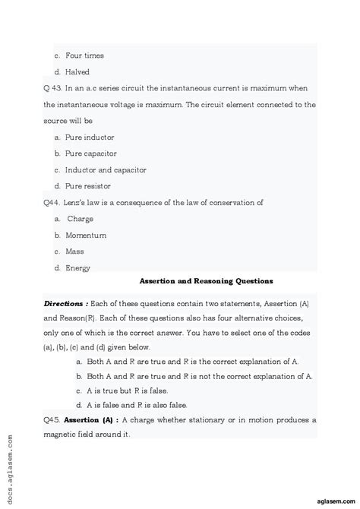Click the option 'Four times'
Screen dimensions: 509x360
(x=84, y=55)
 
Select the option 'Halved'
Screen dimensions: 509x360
(x=77, y=72)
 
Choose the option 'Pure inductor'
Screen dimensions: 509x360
(x=91, y=137)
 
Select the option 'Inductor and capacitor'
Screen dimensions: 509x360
(x=106, y=169)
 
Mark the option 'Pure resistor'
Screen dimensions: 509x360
(x=88, y=186)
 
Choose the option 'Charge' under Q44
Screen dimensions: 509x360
(x=80, y=219)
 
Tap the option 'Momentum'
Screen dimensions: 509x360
(x=86, y=235)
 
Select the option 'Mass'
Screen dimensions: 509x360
(x=74, y=251)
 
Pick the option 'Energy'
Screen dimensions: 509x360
(x=77, y=267)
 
